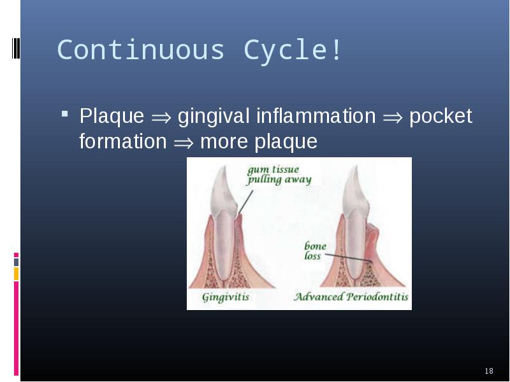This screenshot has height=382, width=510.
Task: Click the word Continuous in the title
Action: tap(141, 50)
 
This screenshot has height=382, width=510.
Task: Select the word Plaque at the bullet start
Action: tap(112, 117)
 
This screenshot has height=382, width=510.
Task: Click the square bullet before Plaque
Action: tap(65, 114)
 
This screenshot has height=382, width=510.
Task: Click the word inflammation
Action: tap(316, 116)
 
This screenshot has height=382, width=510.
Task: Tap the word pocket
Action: tap(441, 117)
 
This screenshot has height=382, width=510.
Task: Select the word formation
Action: tap(123, 141)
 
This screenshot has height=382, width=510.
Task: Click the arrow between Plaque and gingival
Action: tap(161, 118)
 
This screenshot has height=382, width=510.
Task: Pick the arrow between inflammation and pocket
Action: tap(393, 118)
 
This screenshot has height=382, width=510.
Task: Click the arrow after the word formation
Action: tap(184, 143)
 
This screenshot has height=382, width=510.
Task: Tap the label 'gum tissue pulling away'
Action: tap(279, 174)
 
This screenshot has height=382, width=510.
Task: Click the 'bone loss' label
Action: tap(315, 251)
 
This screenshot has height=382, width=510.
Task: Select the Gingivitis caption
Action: tap(226, 297)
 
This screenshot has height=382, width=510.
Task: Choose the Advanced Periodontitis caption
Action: tap(351, 297)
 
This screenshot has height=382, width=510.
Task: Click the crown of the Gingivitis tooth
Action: tap(224, 192)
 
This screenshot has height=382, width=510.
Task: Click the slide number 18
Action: tap(489, 371)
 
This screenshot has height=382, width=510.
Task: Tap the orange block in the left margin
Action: tap(17, 274)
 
